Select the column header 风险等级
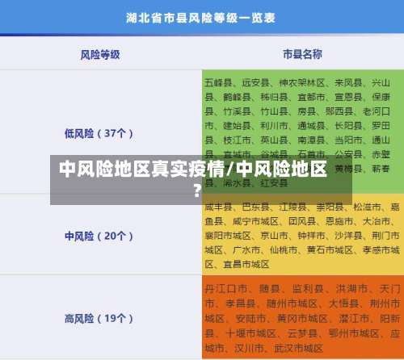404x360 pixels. coord(100,54)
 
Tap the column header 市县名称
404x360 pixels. coord(302,54)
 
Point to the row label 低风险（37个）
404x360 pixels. coord(99,132)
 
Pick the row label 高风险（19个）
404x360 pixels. coord(99,317)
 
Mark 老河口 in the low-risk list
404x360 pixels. coord(377,111)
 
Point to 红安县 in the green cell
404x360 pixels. coord(275,183)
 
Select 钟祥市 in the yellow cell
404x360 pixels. coord(290,234)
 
